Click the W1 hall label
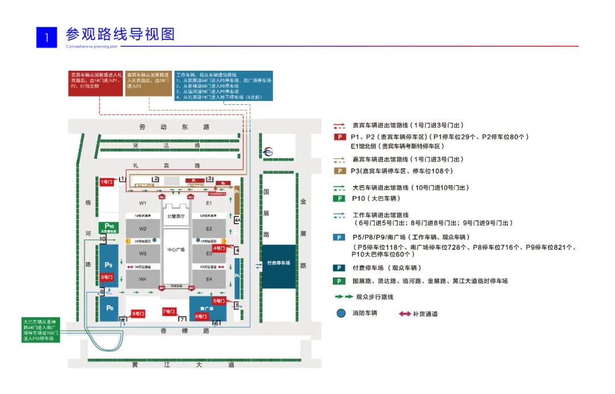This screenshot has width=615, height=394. click(143, 203)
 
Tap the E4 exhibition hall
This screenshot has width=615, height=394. click(208, 279)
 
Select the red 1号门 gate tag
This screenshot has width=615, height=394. click(107, 181)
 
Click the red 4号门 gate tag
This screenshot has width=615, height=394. click(219, 248)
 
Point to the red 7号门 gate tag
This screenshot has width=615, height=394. click(169, 311)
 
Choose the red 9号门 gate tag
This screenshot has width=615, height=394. click(107, 277)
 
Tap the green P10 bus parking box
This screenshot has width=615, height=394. click(108, 228)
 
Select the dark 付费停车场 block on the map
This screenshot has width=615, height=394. click(278, 263)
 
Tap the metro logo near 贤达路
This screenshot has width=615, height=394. click(269, 152)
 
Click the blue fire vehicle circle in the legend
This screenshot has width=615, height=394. click(341, 313)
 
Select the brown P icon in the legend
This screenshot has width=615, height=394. click(340, 171)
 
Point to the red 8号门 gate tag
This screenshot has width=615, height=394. click(138, 313)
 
